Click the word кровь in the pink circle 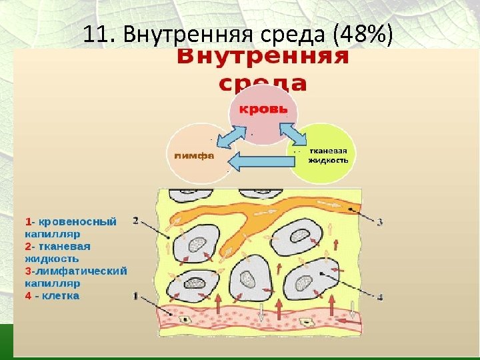click(264, 109)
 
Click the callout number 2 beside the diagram click(136, 220)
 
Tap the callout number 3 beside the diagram click(380, 221)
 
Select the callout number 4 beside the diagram click(380, 296)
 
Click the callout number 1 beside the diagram click(135, 295)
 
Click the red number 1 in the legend click(28, 220)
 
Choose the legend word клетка click(61, 295)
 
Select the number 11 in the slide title click(96, 33)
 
